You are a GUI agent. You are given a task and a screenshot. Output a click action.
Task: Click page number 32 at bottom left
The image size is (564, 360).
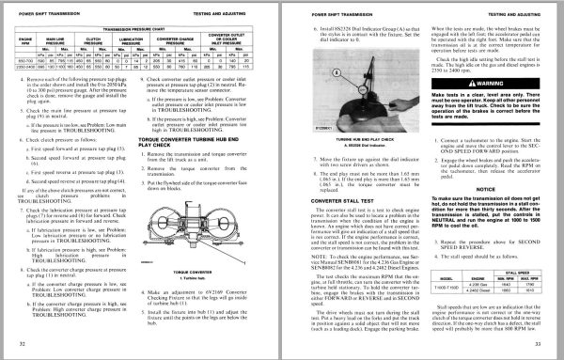click(22, 346)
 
